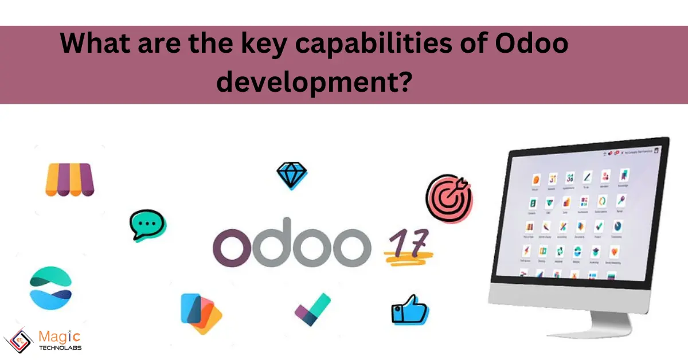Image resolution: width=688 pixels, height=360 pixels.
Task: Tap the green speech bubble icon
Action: (147, 224)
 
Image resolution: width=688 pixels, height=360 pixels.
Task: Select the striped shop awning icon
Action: (69, 179)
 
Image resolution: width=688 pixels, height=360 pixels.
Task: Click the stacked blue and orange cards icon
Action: (200, 313)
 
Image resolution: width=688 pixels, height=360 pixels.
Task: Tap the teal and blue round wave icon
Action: (50, 287)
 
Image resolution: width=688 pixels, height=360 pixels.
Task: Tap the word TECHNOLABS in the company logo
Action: (60, 347)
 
